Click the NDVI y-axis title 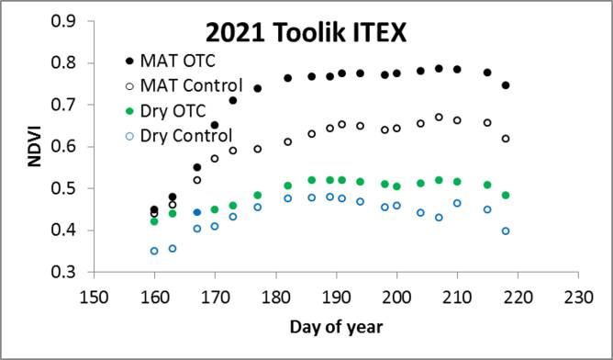click(32, 146)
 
